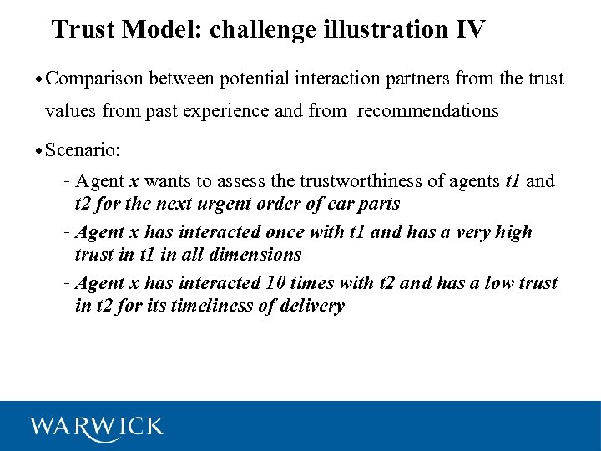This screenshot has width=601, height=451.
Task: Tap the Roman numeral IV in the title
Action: point(469,30)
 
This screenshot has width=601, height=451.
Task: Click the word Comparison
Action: point(95,79)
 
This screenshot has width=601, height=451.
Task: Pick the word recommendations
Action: point(427,111)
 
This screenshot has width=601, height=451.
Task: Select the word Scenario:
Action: point(83,150)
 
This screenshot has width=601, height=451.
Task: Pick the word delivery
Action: point(313,306)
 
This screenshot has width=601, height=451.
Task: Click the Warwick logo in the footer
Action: point(97,426)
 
